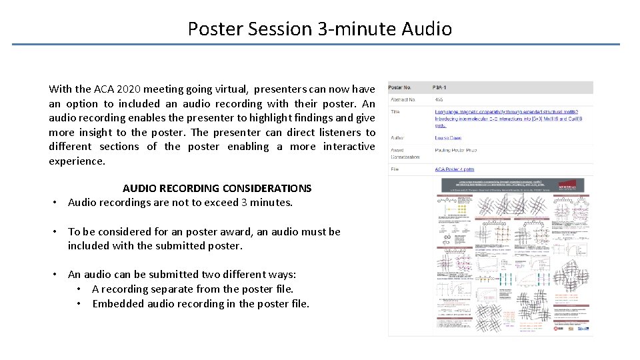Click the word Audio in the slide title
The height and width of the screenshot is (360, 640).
click(x=427, y=29)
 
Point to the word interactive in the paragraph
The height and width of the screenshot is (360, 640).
click(x=349, y=147)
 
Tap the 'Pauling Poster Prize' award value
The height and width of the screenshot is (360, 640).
click(x=455, y=151)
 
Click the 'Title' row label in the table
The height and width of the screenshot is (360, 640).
click(x=395, y=112)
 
